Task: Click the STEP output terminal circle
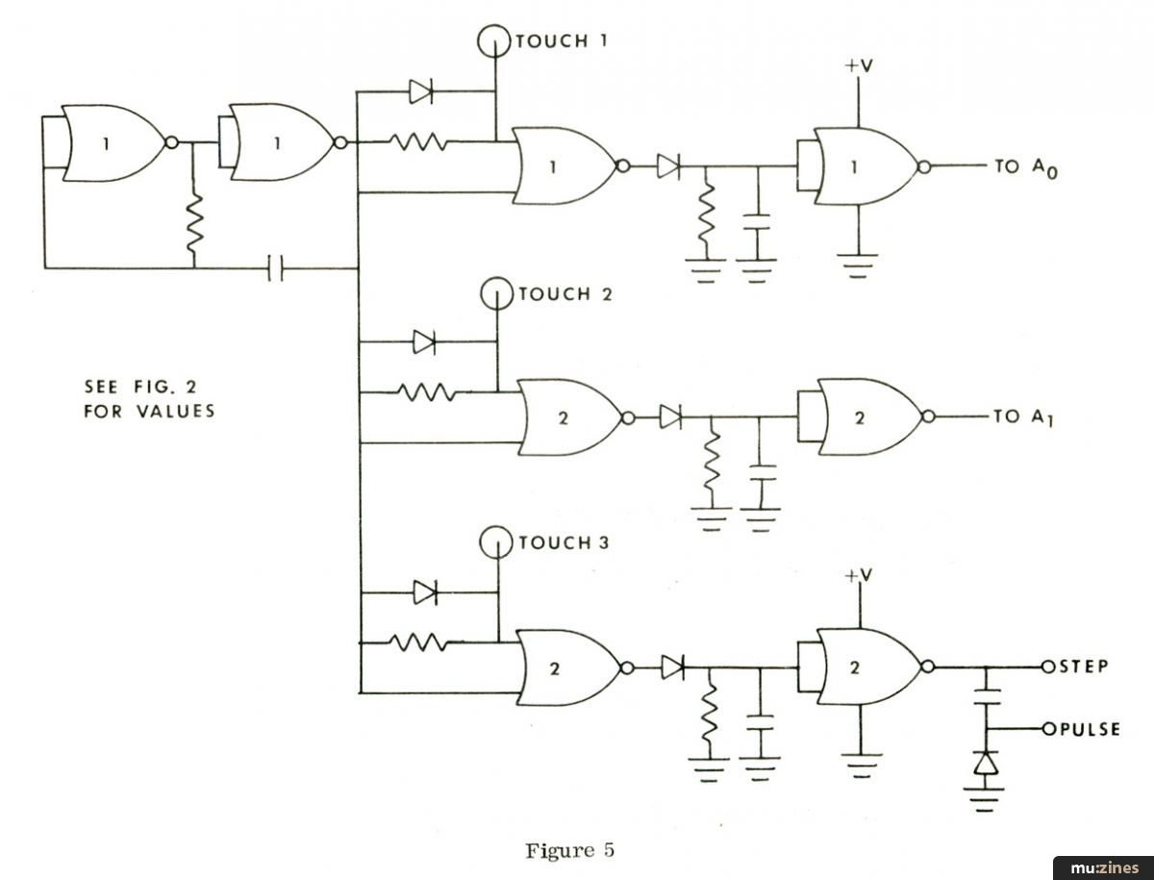pos(1048,666)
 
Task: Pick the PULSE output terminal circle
pos(1049,729)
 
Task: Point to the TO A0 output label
pos(1026,168)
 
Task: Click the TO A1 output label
pos(1023,418)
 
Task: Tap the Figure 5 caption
pos(570,850)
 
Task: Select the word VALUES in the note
pos(176,411)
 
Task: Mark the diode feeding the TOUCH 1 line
pos(420,91)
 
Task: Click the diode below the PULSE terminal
pos(986,764)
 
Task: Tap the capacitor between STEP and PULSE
pos(986,696)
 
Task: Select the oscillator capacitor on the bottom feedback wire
pos(275,268)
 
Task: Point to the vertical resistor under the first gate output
pos(194,223)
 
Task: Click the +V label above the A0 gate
pos(859,65)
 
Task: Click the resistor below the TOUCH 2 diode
pos(426,392)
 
